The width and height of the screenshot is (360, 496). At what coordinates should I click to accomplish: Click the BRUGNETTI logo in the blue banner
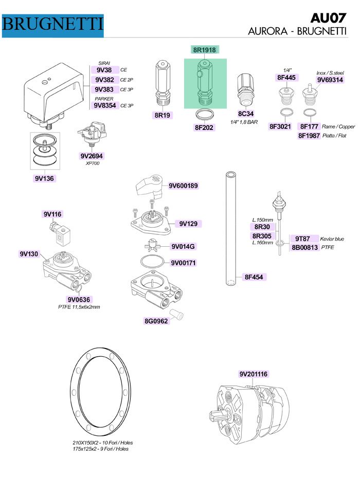point(53,24)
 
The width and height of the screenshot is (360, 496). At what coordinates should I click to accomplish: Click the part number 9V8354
point(104,105)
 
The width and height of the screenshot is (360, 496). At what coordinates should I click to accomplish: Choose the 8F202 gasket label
point(204,127)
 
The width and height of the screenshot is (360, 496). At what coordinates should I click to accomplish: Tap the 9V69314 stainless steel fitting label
point(330,80)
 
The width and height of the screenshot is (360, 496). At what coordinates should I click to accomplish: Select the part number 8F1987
point(310,136)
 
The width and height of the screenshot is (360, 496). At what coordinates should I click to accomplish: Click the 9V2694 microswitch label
point(93,156)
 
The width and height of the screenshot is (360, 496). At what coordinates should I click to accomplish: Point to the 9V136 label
point(45,178)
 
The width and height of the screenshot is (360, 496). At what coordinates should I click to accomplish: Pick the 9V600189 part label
point(183,186)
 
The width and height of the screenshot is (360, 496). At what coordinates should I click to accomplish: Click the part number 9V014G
point(183,247)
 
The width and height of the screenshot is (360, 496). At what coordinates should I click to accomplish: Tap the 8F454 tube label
point(255,277)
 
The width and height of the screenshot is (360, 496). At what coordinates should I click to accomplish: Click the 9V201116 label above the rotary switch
point(253,374)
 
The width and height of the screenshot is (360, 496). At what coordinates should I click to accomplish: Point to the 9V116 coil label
point(52,214)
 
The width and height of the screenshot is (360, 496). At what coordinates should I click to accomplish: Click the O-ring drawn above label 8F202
point(205,114)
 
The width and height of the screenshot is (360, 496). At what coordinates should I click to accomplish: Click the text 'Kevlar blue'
point(333,239)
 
